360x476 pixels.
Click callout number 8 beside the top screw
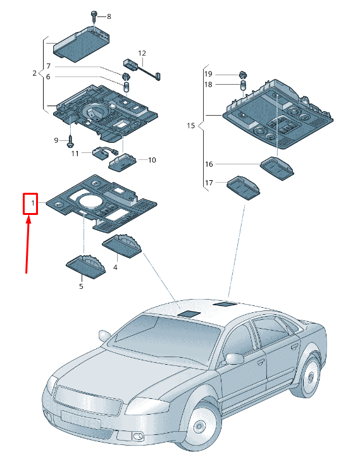(108, 16)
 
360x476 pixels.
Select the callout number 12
(142, 53)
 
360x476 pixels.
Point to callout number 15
(191, 126)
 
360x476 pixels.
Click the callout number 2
(35, 73)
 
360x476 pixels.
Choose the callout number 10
(152, 161)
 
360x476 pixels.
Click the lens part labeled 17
(243, 185)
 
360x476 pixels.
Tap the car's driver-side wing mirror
(234, 358)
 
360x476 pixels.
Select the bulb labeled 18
(243, 85)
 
